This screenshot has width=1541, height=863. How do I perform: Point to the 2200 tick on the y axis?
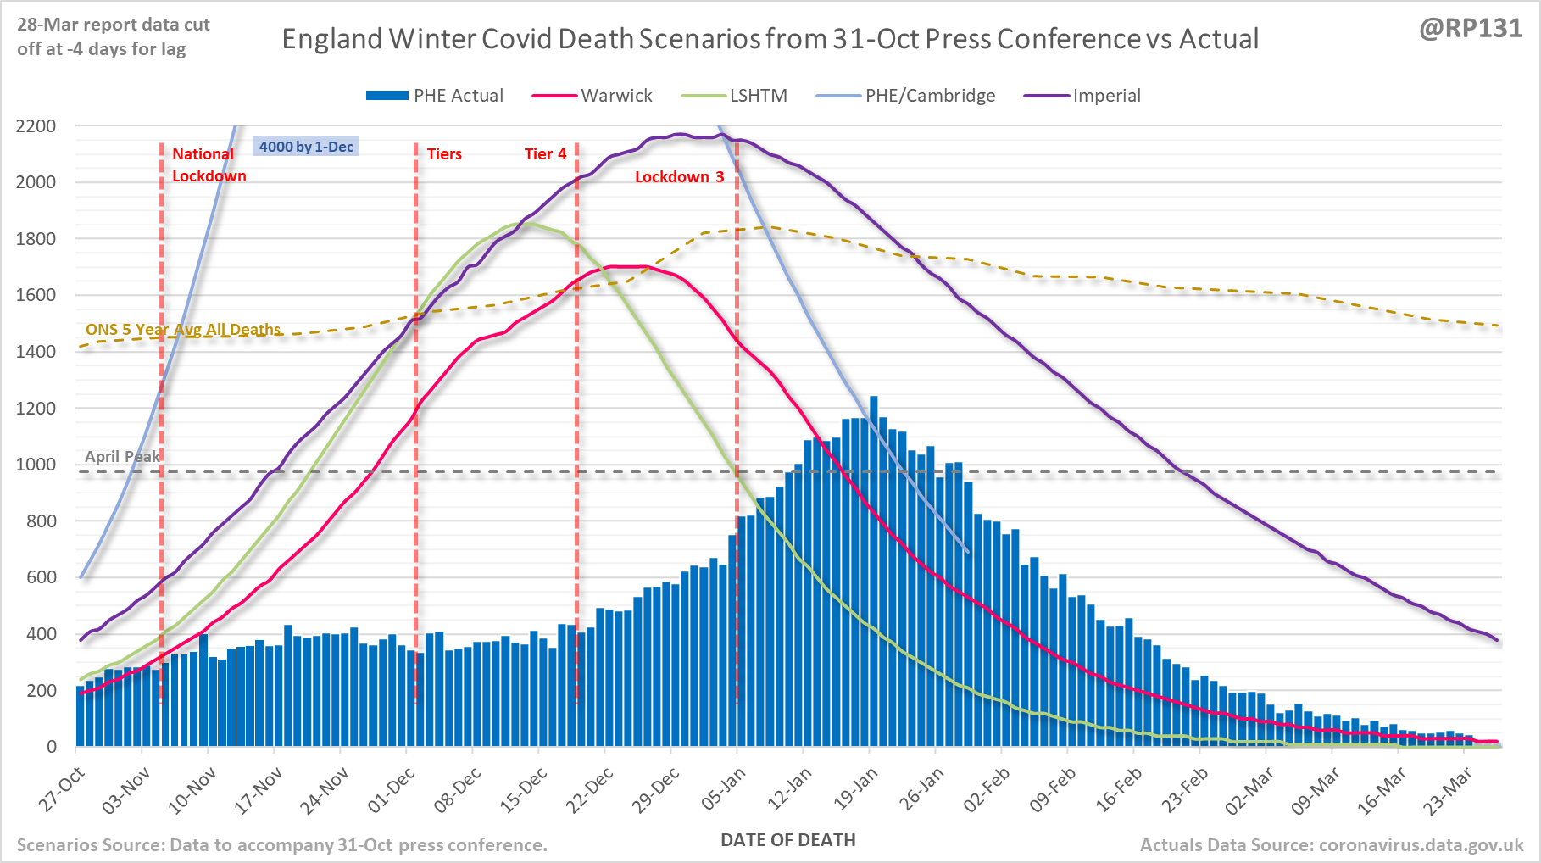[36, 126]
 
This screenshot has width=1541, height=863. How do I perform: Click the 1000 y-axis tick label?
[36, 465]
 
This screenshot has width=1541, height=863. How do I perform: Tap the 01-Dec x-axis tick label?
[392, 789]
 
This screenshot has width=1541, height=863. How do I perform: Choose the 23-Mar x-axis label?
[1449, 789]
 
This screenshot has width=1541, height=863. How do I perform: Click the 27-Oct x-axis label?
[62, 789]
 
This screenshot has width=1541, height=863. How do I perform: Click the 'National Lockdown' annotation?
[209, 164]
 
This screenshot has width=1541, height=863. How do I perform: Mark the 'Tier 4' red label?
[545, 153]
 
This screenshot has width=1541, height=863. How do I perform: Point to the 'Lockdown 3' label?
[679, 176]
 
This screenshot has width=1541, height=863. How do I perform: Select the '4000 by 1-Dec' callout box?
[306, 147]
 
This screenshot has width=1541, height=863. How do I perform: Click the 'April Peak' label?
[122, 457]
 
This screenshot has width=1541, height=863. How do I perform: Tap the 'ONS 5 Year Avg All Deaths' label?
[183, 330]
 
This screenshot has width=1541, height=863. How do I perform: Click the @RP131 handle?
[1471, 28]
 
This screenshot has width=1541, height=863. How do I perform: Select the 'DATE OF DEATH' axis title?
[787, 840]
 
